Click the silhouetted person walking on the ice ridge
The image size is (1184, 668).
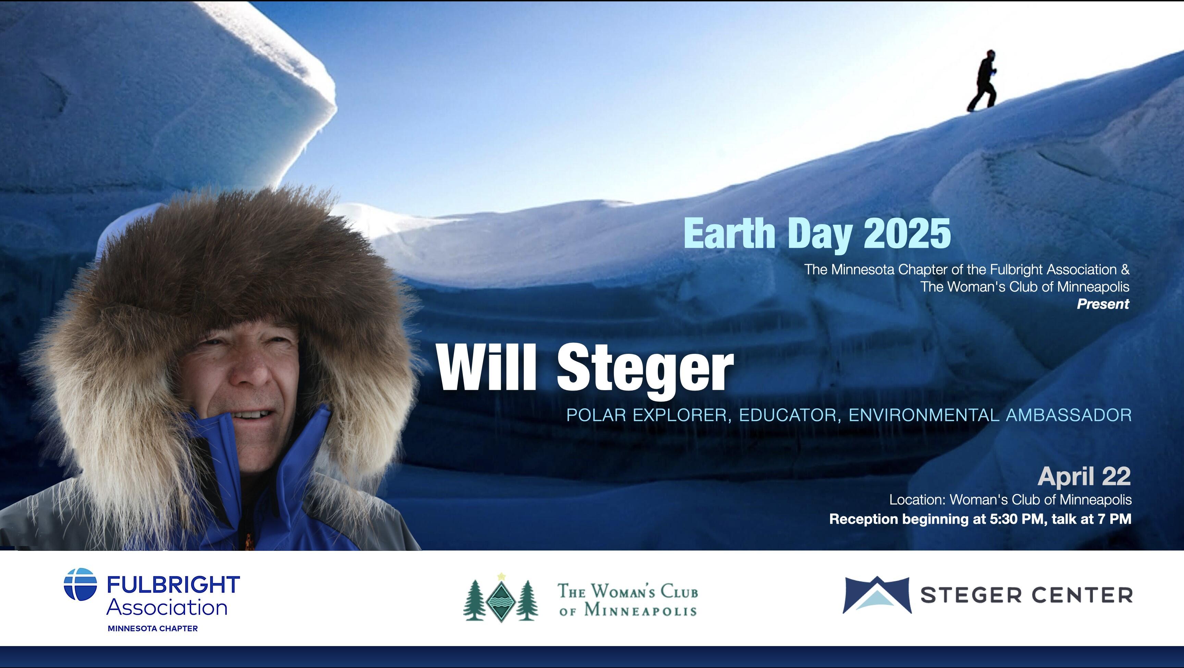983,82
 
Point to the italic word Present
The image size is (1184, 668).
1103,304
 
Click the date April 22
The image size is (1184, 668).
1084,476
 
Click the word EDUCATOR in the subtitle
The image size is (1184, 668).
787,415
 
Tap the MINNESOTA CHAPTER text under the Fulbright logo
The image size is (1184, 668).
152,629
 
